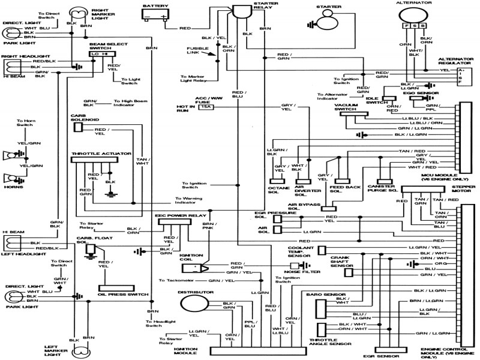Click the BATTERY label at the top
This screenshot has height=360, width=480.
coord(153,5)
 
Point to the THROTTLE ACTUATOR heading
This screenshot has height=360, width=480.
coord(101,154)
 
